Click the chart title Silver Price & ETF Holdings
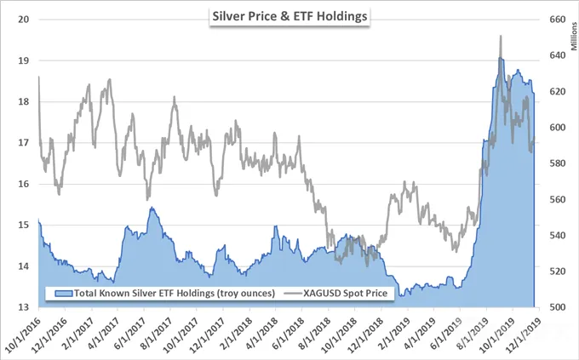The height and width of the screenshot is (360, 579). point(289,17)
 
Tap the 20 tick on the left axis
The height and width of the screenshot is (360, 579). point(24,20)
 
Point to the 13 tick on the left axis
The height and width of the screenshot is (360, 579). point(24,307)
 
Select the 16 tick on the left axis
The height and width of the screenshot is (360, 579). point(24,184)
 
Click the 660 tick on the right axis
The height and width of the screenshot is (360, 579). point(558,20)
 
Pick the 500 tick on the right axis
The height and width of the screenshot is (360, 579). point(558,307)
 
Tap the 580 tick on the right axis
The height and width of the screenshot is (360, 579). point(558,163)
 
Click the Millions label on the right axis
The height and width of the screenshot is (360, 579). point(574,37)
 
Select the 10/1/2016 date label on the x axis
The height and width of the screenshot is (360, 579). point(20,331)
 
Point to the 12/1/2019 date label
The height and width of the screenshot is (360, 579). point(523,331)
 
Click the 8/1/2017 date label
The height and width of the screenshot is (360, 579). point(153,332)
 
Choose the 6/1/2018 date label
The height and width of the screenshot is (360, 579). point(284,332)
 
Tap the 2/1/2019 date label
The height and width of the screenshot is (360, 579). point(391,332)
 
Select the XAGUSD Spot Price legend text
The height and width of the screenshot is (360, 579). point(345,293)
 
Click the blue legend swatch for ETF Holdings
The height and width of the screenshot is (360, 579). point(63,294)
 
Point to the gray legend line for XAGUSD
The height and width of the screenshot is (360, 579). point(293,294)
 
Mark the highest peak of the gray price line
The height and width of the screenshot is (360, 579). point(501,36)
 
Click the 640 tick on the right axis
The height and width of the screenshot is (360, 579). point(558,55)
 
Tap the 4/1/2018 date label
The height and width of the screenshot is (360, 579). point(258,332)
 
